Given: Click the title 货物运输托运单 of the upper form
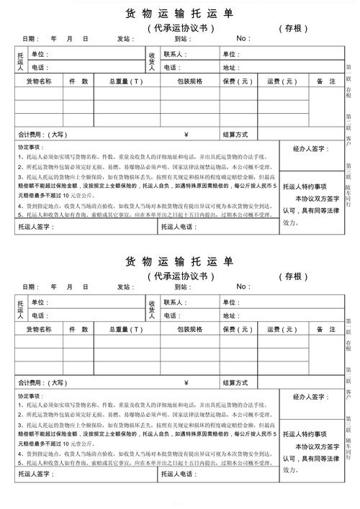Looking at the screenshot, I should tap(179, 14).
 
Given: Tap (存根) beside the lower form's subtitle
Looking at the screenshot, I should tap(293, 276).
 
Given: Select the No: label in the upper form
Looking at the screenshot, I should tap(243, 38).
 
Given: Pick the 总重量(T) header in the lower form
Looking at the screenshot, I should tap(126, 329).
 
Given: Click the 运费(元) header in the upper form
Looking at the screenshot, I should tap(282, 81).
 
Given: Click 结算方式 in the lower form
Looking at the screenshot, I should tap(235, 382).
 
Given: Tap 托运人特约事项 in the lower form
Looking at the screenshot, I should tap(305, 433).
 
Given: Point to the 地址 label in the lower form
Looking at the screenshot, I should tap(230, 315).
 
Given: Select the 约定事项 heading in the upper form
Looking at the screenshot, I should tap(31, 147).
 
